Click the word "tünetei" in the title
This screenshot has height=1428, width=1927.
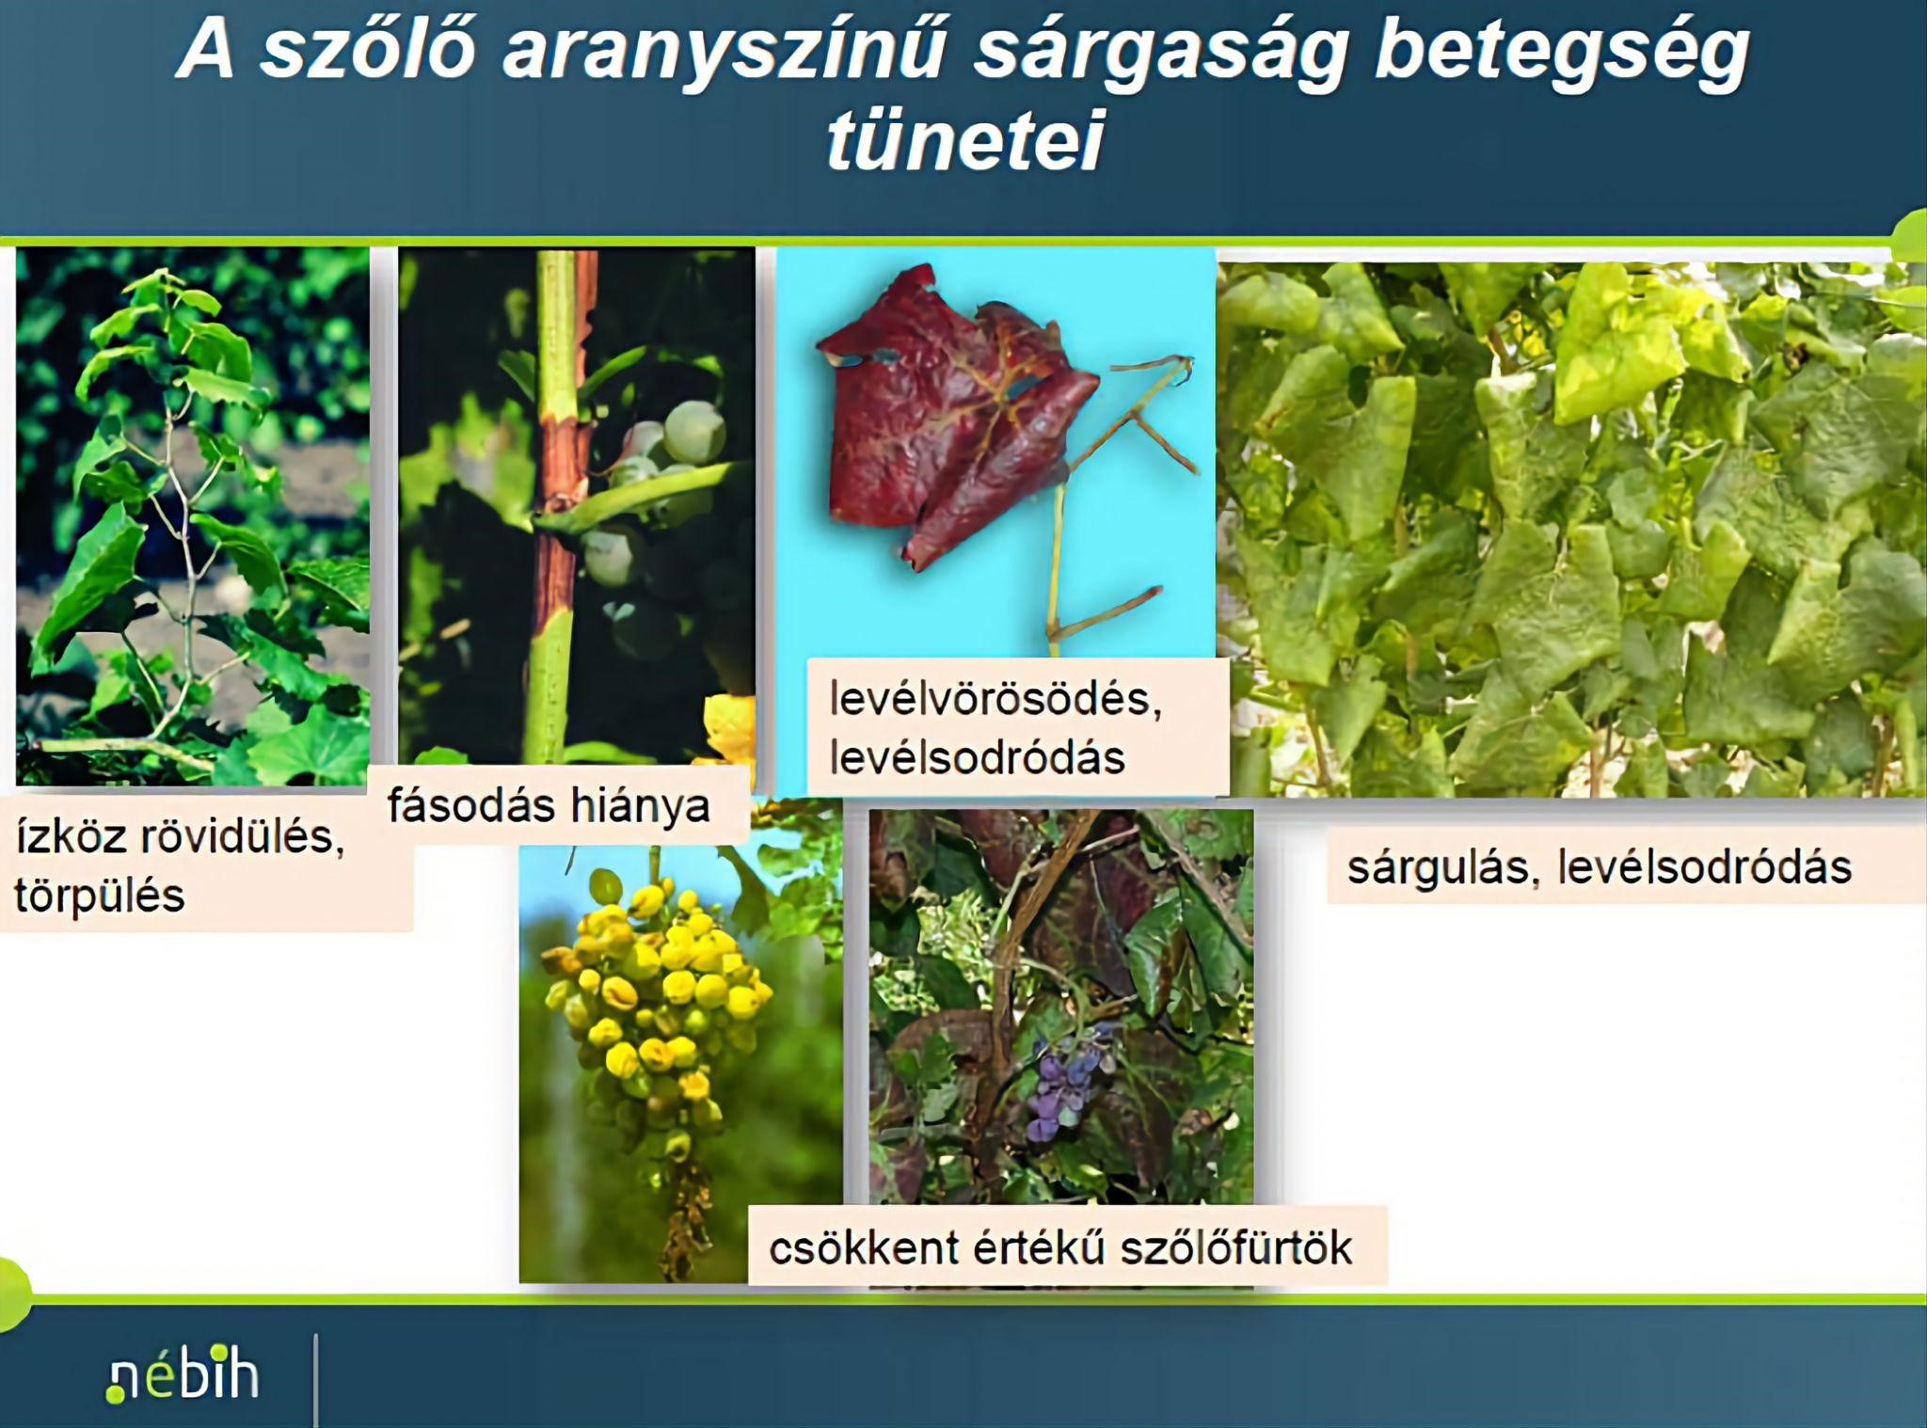(x=964, y=141)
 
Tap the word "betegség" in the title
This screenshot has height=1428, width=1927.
(x=1563, y=52)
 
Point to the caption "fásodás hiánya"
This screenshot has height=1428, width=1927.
(x=549, y=806)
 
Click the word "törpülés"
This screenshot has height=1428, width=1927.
(x=99, y=896)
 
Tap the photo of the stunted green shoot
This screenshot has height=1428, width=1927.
(x=193, y=516)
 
